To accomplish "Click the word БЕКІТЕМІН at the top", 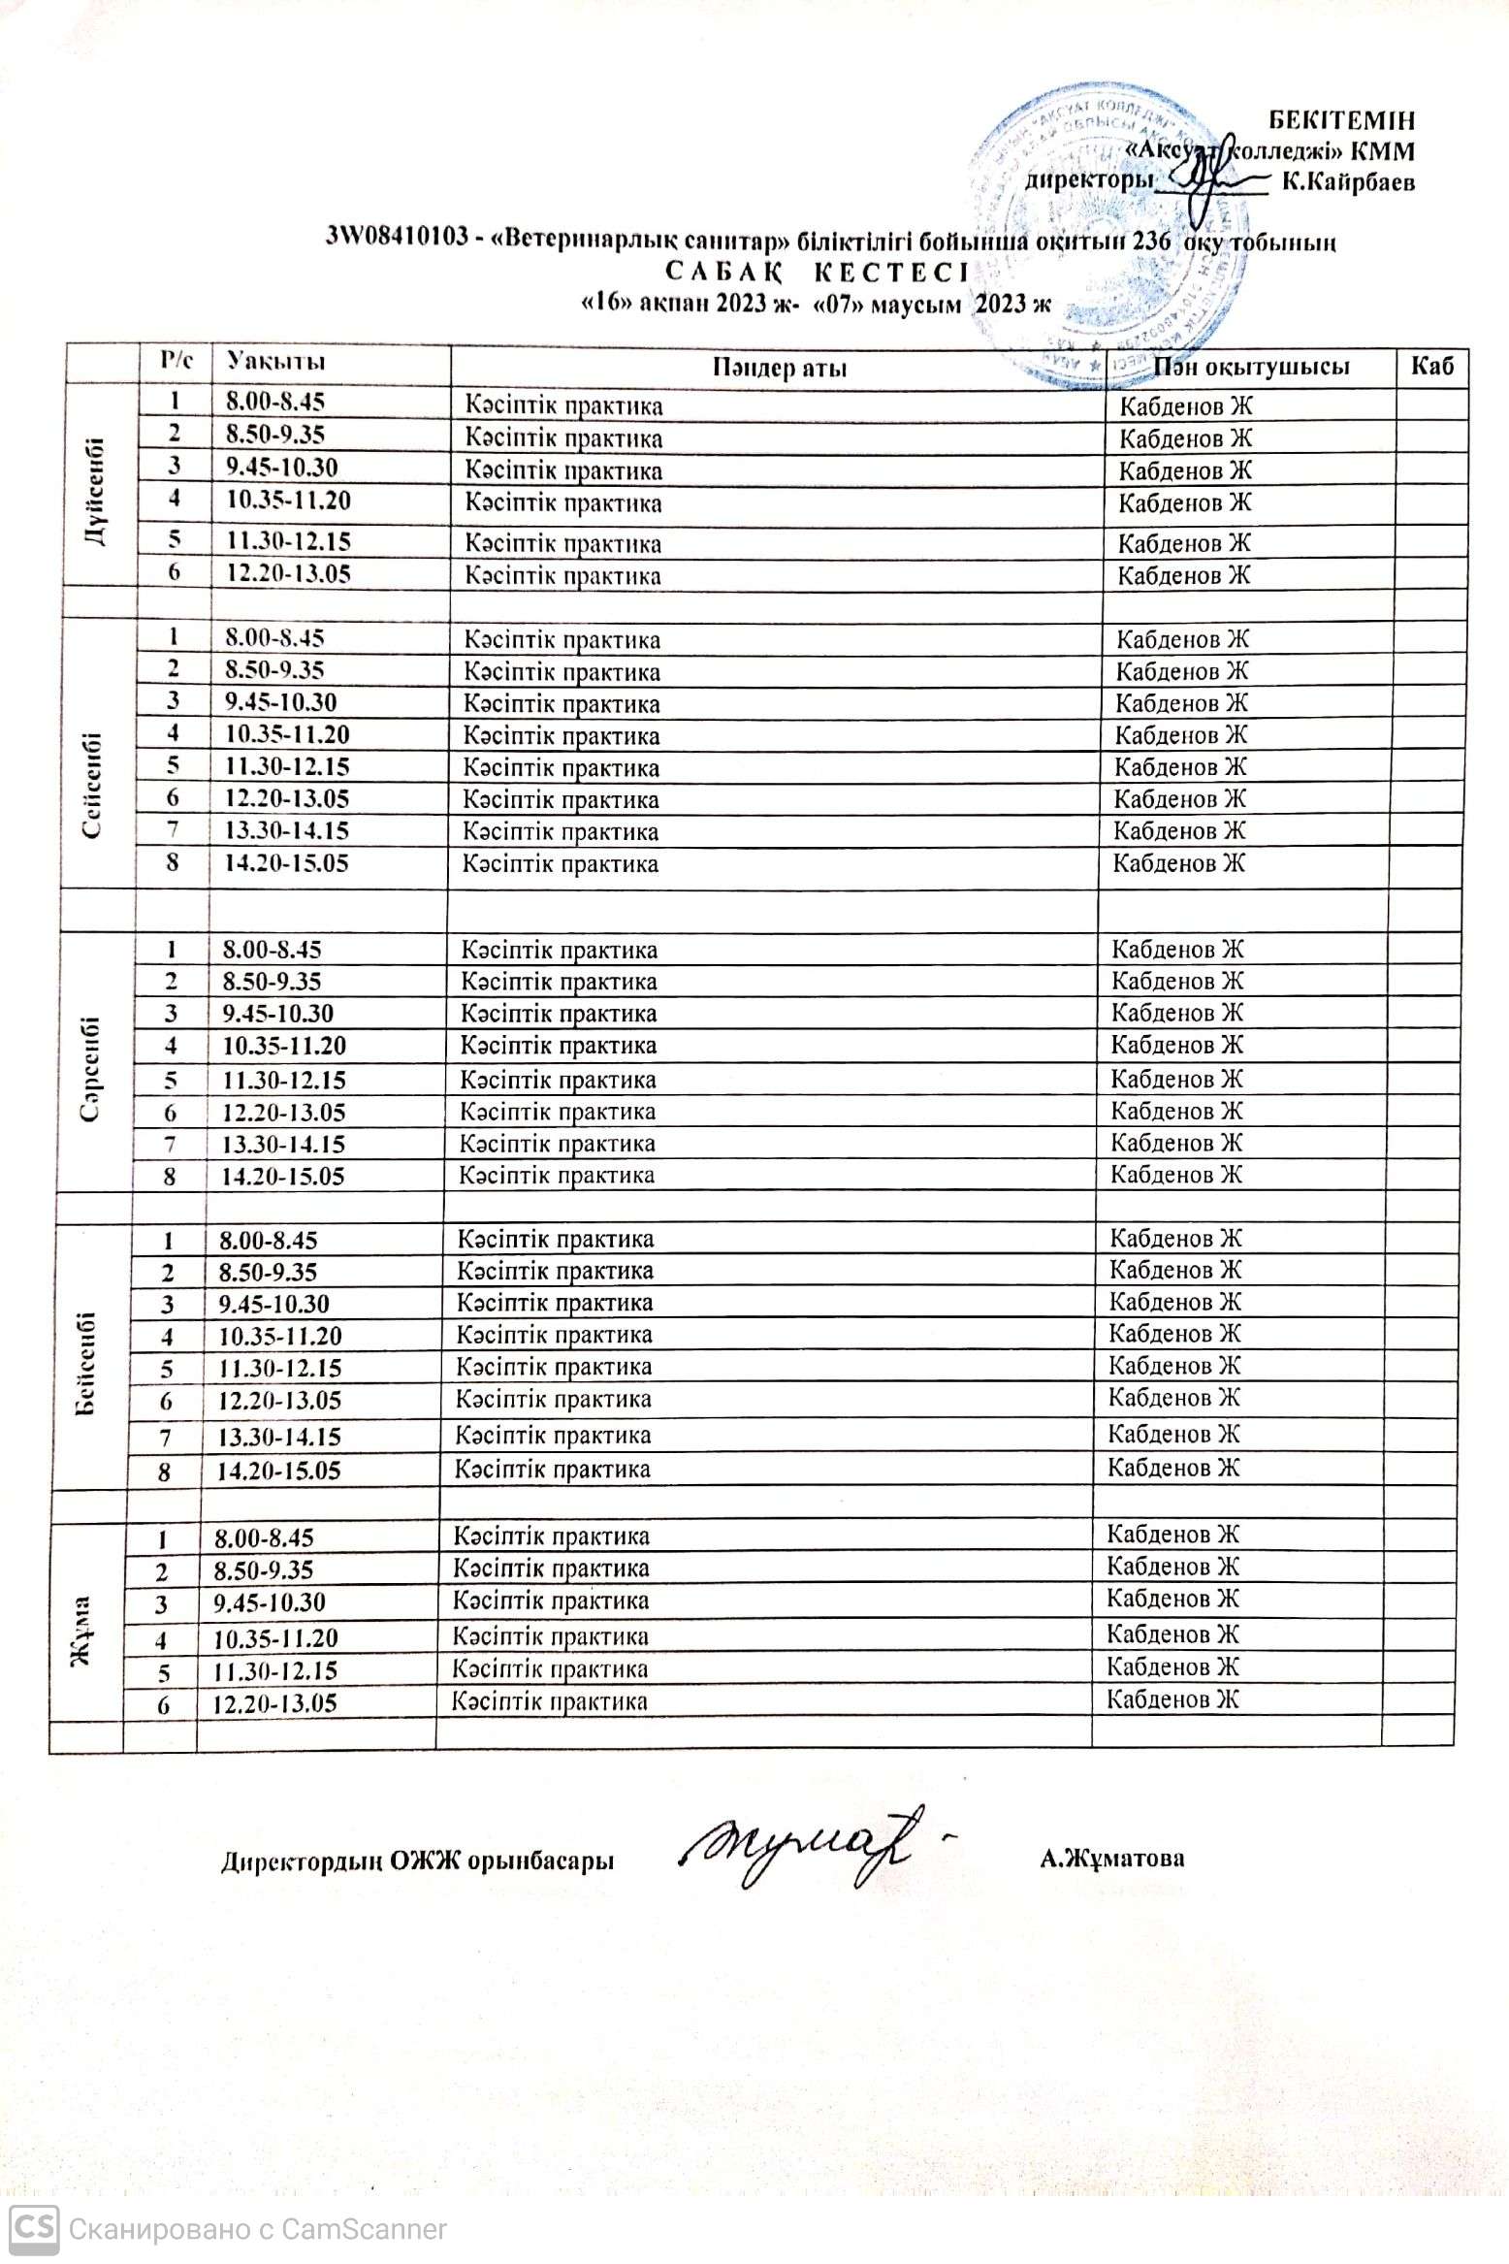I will [x=1341, y=121].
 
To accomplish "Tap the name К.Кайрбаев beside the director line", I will [x=1348, y=182].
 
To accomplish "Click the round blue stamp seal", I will [x=1106, y=233].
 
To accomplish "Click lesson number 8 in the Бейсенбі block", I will [x=165, y=1471].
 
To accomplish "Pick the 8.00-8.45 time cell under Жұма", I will [x=263, y=1537].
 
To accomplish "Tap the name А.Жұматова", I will [x=1111, y=1858].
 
